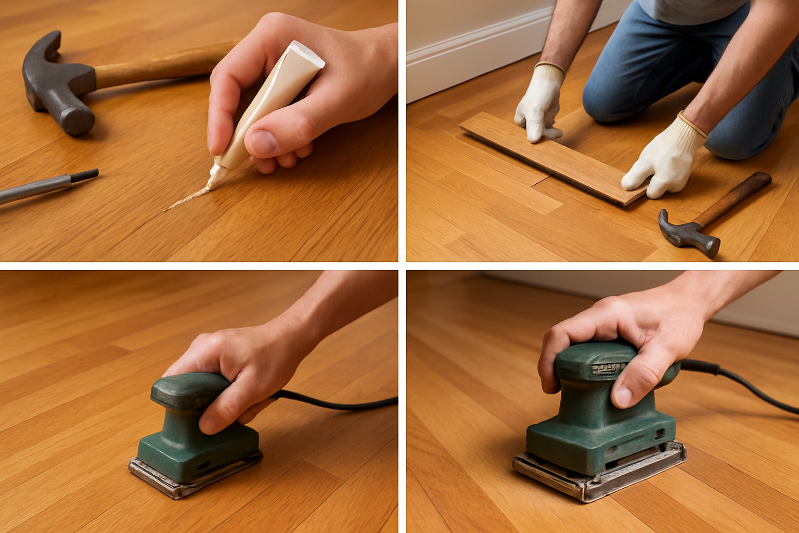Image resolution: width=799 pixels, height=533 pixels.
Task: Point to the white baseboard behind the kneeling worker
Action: tap(468, 57)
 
